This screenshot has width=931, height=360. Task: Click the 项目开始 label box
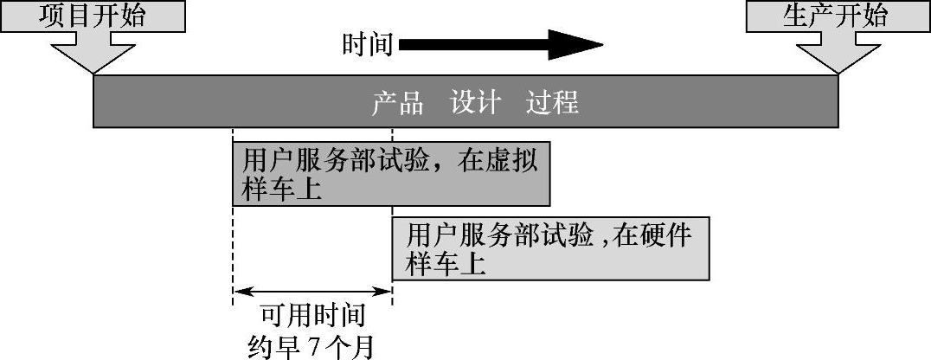[x=93, y=17]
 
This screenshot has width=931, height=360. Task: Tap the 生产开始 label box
[x=836, y=17]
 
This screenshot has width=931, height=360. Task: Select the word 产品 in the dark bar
[x=398, y=104]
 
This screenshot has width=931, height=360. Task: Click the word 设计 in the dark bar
[x=475, y=104]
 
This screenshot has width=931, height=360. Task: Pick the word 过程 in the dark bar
[x=552, y=104]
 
